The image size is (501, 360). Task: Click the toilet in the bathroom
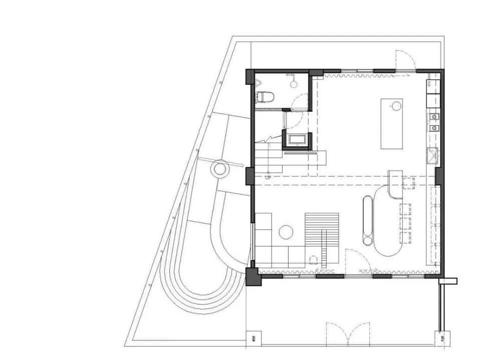tap(265, 97)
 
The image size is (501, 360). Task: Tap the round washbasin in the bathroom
tap(294, 84)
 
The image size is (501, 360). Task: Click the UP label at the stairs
tap(268, 178)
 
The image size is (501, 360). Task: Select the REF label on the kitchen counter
tap(429, 84)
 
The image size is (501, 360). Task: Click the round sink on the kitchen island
tap(396, 106)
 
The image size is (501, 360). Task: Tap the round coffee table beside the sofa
tap(286, 232)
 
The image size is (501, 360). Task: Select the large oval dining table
tap(388, 220)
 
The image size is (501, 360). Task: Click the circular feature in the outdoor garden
tap(220, 168)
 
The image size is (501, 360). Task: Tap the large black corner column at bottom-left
tap(254, 276)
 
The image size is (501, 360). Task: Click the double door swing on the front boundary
tap(348, 334)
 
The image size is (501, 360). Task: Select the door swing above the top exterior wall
tap(405, 60)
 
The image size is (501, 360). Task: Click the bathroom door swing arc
tap(300, 102)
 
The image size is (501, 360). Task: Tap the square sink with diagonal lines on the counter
tap(433, 156)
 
